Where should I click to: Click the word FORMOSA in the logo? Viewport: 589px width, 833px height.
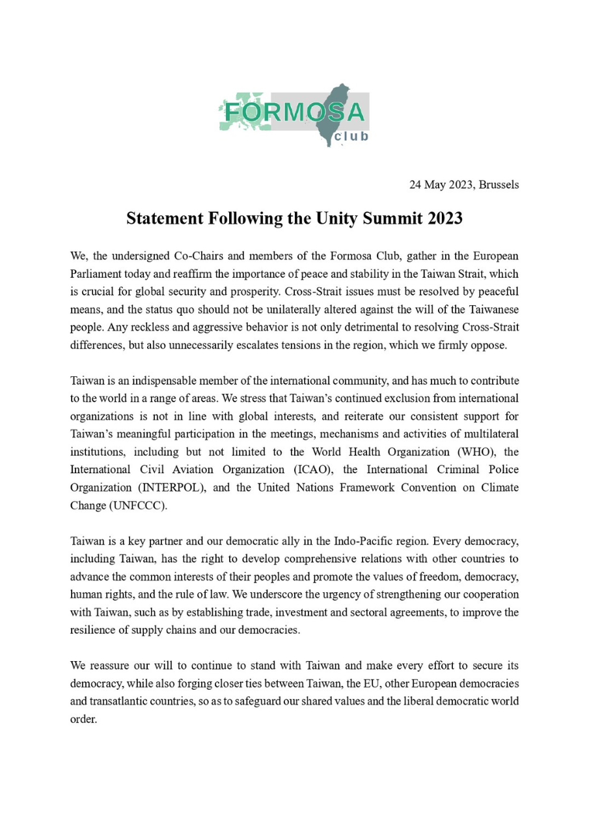[294, 113]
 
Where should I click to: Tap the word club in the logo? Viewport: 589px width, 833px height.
[351, 137]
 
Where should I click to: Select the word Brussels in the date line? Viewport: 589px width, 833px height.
[499, 185]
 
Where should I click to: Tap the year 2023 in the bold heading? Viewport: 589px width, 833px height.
[445, 219]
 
